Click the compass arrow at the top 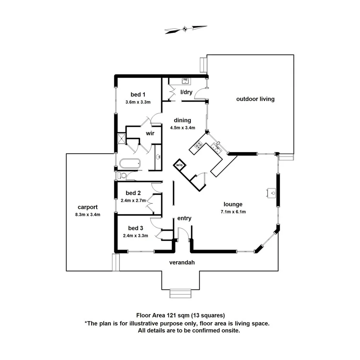point(185,29)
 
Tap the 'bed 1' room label point(138,95)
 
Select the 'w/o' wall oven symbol point(179,165)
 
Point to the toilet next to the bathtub point(122,176)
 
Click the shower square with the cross point(122,139)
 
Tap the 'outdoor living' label point(255,99)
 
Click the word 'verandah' point(182,263)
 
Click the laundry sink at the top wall point(185,81)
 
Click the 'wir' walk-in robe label point(150,133)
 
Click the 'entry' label point(184,218)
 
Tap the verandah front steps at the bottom point(180,294)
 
